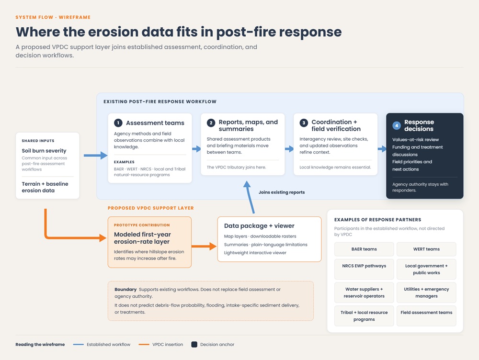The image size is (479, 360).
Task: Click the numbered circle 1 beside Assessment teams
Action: tap(118, 123)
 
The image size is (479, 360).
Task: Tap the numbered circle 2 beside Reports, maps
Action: tap(211, 123)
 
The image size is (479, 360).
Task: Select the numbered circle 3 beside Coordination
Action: tap(304, 123)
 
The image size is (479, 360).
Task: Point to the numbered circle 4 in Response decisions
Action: tap(397, 125)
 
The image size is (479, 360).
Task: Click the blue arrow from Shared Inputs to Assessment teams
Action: tap(96, 156)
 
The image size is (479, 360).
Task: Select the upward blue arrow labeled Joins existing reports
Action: tap(250, 197)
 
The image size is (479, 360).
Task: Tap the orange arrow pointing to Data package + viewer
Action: tap(204, 246)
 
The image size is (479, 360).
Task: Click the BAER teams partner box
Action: tap(364, 249)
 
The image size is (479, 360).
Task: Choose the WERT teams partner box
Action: tap(426, 249)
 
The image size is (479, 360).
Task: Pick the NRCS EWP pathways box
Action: tap(364, 269)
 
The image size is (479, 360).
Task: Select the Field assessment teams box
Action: tap(426, 316)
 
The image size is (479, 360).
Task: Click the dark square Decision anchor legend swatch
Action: tap(194, 344)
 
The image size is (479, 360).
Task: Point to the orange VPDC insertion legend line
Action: tap(144, 344)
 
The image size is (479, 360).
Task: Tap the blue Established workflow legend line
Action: tap(78, 344)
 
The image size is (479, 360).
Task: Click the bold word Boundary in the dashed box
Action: tap(125, 290)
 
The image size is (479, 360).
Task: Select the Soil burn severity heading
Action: tap(44, 150)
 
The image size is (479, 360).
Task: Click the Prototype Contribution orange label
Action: tap(142, 225)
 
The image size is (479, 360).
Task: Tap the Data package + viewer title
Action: tap(259, 225)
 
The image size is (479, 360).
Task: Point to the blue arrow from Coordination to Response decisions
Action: tap(382, 149)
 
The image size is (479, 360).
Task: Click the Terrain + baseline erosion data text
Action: tap(45, 187)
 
